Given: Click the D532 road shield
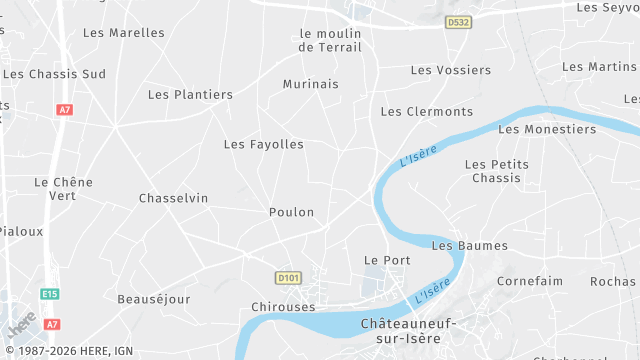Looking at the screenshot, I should coord(458,22).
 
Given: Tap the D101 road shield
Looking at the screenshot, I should coord(288,277).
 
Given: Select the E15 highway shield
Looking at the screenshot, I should coord(50,294).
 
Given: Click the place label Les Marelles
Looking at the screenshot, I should coord(123,33).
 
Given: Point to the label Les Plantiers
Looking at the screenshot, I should coord(190,95).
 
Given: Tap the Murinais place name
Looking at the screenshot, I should coord(310,84).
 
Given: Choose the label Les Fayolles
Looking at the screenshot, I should coord(263,145).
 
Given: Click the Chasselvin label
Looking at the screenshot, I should coord(174,198).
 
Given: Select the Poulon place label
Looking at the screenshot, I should coord(291,212).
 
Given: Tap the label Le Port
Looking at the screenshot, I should coord(387,260).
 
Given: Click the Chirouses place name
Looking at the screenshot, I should coord(284,307).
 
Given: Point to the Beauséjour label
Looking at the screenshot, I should coord(153,299).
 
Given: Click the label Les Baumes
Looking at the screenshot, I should coord(469,246).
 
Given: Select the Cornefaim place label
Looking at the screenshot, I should coord(530,282).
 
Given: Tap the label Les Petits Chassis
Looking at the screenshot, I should coord(497,171).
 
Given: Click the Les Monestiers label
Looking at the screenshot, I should coord(546,129).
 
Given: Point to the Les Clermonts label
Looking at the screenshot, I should coord(427,111).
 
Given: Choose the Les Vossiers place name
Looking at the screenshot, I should coord(451,70).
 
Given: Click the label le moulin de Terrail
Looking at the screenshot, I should coord(329,40).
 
